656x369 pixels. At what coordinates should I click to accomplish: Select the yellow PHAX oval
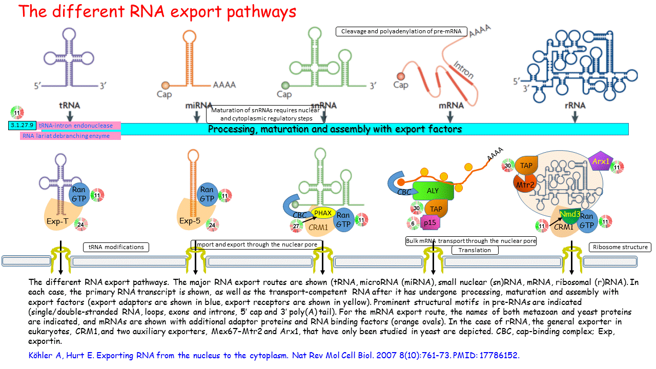(x=323, y=213)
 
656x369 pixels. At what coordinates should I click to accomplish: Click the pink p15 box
(x=429, y=222)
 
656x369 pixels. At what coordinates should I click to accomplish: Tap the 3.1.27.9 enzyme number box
(x=22, y=125)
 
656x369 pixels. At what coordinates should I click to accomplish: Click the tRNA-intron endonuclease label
(x=76, y=126)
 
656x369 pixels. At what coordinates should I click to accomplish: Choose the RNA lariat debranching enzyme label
(x=66, y=136)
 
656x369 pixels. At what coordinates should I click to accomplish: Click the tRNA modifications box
(x=116, y=247)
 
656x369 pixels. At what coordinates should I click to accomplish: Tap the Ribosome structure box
(x=620, y=247)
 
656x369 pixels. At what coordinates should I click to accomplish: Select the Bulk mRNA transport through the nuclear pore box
(x=470, y=241)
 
